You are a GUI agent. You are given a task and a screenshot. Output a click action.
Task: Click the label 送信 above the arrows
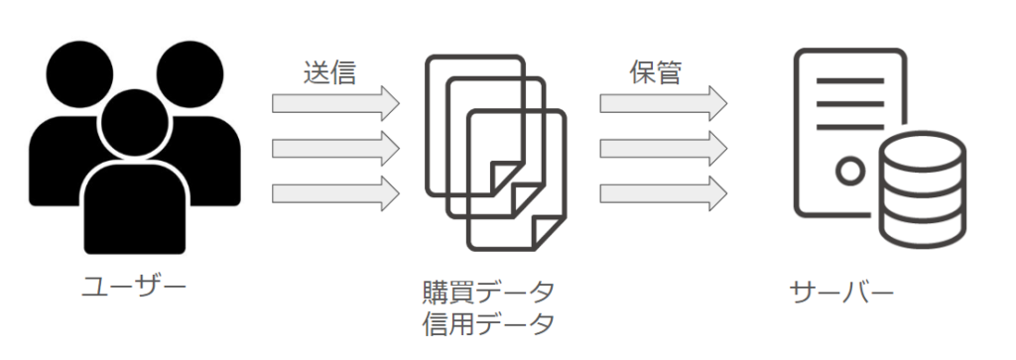(x=329, y=72)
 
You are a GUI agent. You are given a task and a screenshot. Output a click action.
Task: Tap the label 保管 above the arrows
(x=656, y=72)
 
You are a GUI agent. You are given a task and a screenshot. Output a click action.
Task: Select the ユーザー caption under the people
(x=134, y=287)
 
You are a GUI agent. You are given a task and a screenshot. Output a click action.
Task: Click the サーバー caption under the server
(x=841, y=293)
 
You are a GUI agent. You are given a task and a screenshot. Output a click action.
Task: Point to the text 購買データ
(x=488, y=293)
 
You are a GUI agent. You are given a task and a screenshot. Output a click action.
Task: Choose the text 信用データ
(x=488, y=323)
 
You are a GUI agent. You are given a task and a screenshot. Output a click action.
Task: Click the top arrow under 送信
(x=335, y=103)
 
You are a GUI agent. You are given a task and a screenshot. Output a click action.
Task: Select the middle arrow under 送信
(x=335, y=149)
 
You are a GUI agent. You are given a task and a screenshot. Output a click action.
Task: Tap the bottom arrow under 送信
(x=335, y=193)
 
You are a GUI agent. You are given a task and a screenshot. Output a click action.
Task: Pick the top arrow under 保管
(x=664, y=103)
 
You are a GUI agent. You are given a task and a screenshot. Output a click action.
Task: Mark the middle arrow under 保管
(x=664, y=149)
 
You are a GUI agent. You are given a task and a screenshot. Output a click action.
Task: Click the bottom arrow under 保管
(x=664, y=193)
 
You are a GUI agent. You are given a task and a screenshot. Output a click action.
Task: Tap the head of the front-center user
(x=135, y=123)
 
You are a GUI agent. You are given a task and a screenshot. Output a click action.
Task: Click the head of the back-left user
(x=79, y=73)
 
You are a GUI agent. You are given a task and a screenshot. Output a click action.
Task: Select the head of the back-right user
(x=190, y=73)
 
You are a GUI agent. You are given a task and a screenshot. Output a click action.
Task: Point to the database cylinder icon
(x=923, y=189)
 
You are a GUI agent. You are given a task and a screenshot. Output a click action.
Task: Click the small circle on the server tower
(x=850, y=172)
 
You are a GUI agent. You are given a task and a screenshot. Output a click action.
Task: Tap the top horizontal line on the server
(x=850, y=81)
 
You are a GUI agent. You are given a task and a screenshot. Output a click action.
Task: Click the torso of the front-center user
(x=135, y=208)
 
